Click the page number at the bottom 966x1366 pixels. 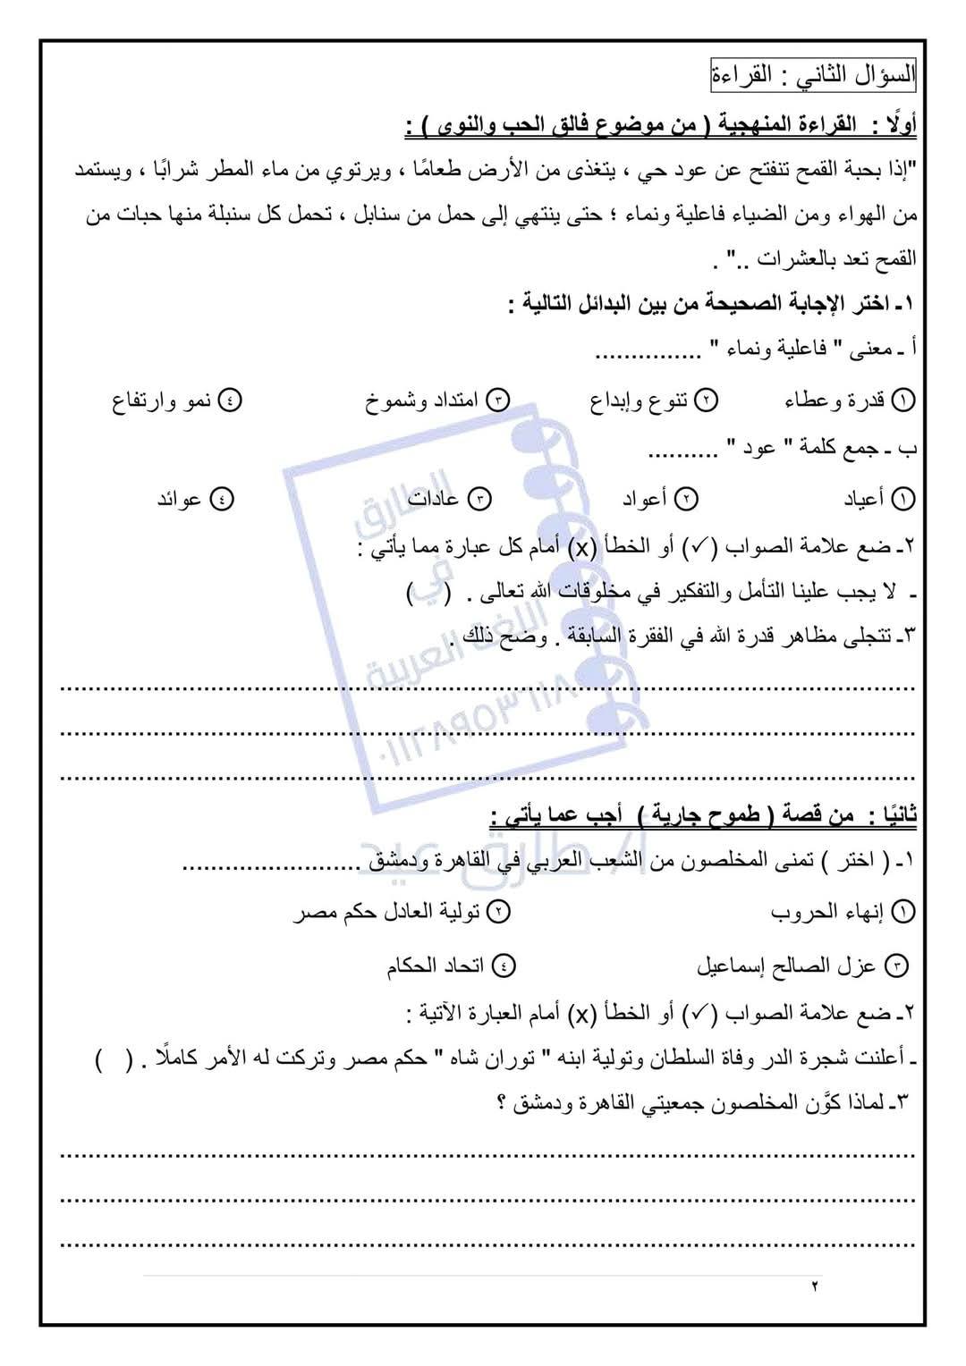(x=815, y=1286)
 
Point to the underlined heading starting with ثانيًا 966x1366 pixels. (x=703, y=816)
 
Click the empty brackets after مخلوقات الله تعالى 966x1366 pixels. (x=423, y=593)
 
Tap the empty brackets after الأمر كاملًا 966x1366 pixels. (x=114, y=1059)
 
